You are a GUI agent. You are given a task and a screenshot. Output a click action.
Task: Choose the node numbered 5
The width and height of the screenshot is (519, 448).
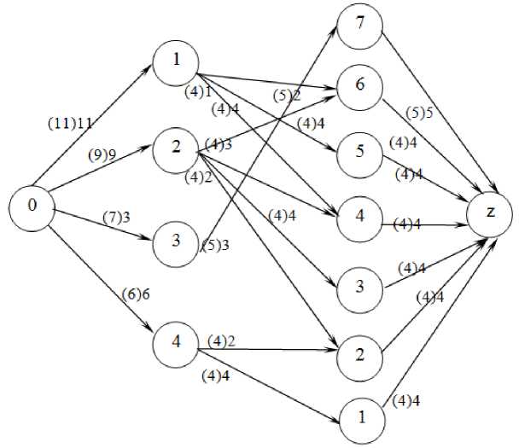[x=359, y=150]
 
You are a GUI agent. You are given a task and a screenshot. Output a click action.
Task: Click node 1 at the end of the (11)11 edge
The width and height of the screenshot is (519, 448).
[x=175, y=61]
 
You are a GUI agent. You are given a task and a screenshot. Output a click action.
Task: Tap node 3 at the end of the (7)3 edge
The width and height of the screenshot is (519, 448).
[x=175, y=241]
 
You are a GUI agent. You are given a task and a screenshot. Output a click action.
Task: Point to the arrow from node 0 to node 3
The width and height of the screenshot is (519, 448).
[x=102, y=224]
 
